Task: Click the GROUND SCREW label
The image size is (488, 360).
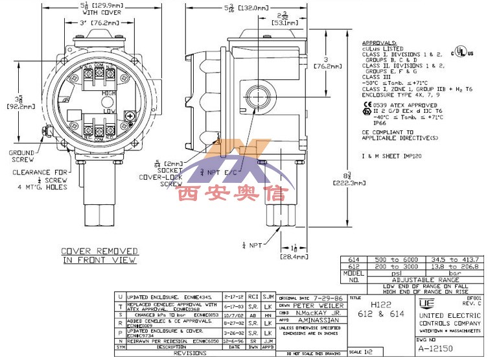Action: [x=21, y=156]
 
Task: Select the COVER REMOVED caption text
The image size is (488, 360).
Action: [x=99, y=250]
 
